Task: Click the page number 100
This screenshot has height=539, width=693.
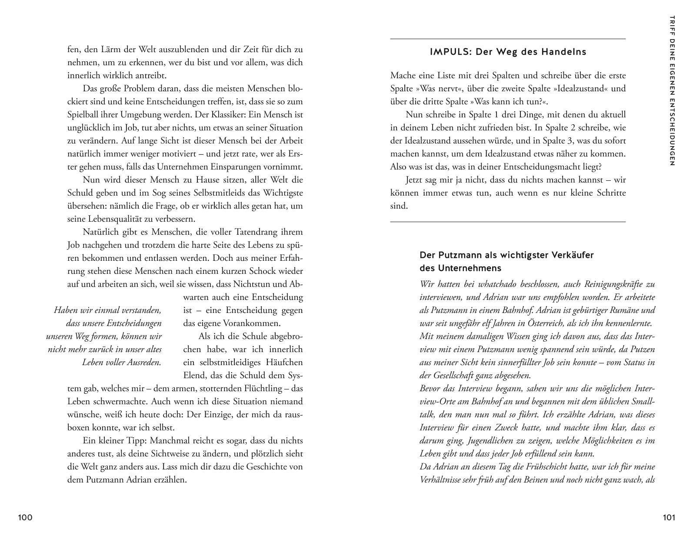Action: (x=25, y=517)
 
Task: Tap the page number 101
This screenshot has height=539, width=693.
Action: (x=669, y=517)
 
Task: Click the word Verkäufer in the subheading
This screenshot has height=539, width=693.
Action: (x=573, y=255)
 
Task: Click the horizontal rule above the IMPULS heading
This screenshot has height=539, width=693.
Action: (x=508, y=39)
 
